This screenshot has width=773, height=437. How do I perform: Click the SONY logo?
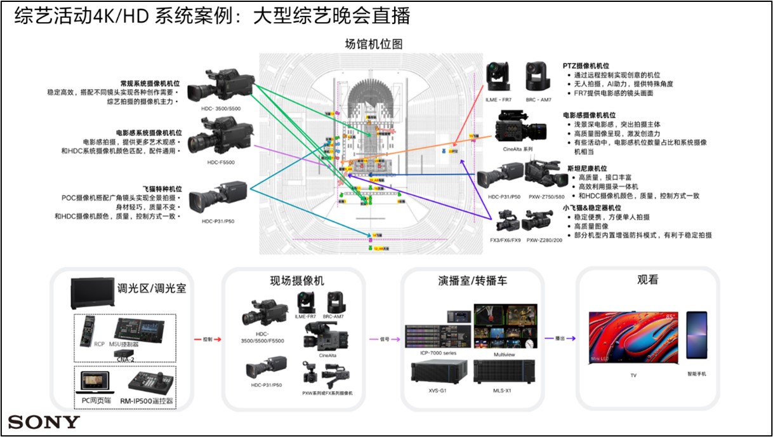coord(44,422)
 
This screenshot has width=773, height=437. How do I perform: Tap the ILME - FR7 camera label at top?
coord(498,100)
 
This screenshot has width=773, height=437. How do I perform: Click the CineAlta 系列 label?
coord(517,149)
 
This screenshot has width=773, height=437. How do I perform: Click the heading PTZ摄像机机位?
coord(586,65)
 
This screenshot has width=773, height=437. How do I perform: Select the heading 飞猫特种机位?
coord(161,189)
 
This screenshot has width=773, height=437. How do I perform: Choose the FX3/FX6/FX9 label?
coord(505,240)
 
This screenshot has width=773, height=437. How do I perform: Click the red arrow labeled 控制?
coord(211,340)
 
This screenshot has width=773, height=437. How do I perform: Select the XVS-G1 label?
coord(438,389)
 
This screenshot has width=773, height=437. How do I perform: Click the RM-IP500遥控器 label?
coord(147,401)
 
